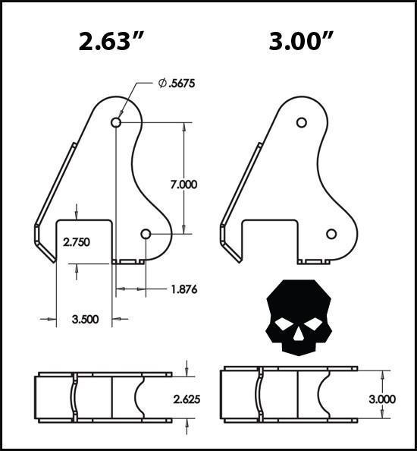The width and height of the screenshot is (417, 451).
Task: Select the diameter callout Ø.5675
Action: tap(177, 84)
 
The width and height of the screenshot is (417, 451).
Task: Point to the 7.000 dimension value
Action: tap(184, 184)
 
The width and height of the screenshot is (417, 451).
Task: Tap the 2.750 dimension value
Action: tap(76, 243)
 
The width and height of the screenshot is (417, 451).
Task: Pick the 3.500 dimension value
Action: tap(83, 320)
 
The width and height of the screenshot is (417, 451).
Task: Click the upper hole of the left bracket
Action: tap(116, 122)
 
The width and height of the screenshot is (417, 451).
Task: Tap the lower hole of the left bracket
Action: tap(146, 234)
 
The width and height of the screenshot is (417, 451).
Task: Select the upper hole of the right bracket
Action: tap(301, 122)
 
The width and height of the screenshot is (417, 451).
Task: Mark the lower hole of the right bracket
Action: tap(331, 234)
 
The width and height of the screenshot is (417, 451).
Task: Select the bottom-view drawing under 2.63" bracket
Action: tap(104, 397)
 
